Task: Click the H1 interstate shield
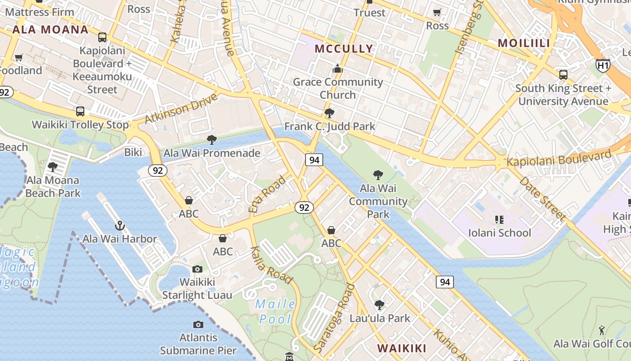click(603, 65)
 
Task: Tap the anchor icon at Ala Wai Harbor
click(119, 225)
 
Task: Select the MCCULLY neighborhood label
click(344, 49)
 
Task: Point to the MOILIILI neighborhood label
click(524, 43)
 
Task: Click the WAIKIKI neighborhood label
click(402, 348)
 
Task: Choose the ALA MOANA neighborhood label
click(50, 30)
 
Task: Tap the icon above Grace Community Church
click(337, 69)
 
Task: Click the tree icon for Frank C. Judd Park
click(329, 113)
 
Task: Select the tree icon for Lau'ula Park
click(380, 305)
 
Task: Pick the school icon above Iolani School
click(499, 220)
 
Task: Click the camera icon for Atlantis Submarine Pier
click(198, 325)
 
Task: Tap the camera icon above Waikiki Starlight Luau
click(197, 269)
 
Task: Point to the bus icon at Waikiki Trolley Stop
click(80, 111)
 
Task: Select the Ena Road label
click(267, 194)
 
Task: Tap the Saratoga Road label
click(333, 319)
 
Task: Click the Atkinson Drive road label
click(181, 108)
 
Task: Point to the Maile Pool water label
click(275, 312)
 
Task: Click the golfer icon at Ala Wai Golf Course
click(602, 331)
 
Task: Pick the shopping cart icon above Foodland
click(18, 57)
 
